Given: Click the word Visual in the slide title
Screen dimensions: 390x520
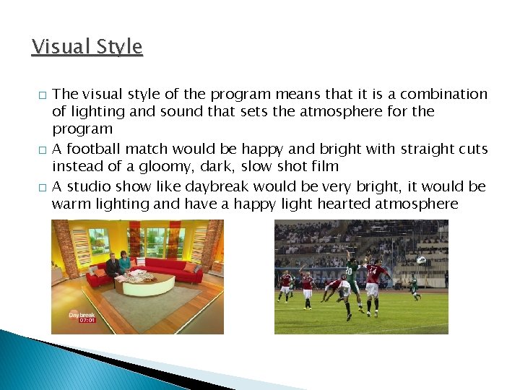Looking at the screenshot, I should pyautogui.click(x=58, y=47).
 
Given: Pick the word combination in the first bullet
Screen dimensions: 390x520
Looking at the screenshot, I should pyautogui.click(x=443, y=95).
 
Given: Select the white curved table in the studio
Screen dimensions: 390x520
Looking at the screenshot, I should pyautogui.click(x=144, y=283).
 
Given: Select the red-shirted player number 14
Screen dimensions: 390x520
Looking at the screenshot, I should pyautogui.click(x=373, y=278).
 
